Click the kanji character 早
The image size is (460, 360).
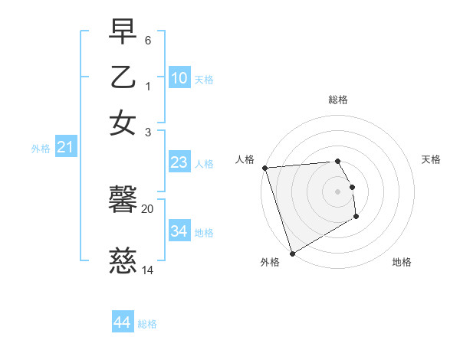point(123,33)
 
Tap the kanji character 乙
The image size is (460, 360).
point(123,77)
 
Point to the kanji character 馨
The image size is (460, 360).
point(123,201)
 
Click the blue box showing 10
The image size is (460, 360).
point(179,78)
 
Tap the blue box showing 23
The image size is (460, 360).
point(179,162)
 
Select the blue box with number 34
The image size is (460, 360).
point(179,231)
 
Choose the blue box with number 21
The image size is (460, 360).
point(64,147)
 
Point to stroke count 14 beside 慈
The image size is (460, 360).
point(148,270)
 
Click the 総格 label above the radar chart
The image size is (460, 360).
point(338,100)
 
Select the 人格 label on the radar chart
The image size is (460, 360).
point(245,159)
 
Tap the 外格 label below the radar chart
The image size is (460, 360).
point(269,262)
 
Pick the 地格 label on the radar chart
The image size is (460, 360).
point(402,262)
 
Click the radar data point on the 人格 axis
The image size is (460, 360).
point(264,168)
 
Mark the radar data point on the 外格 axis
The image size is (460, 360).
point(292,253)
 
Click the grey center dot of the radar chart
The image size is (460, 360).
point(338,191)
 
